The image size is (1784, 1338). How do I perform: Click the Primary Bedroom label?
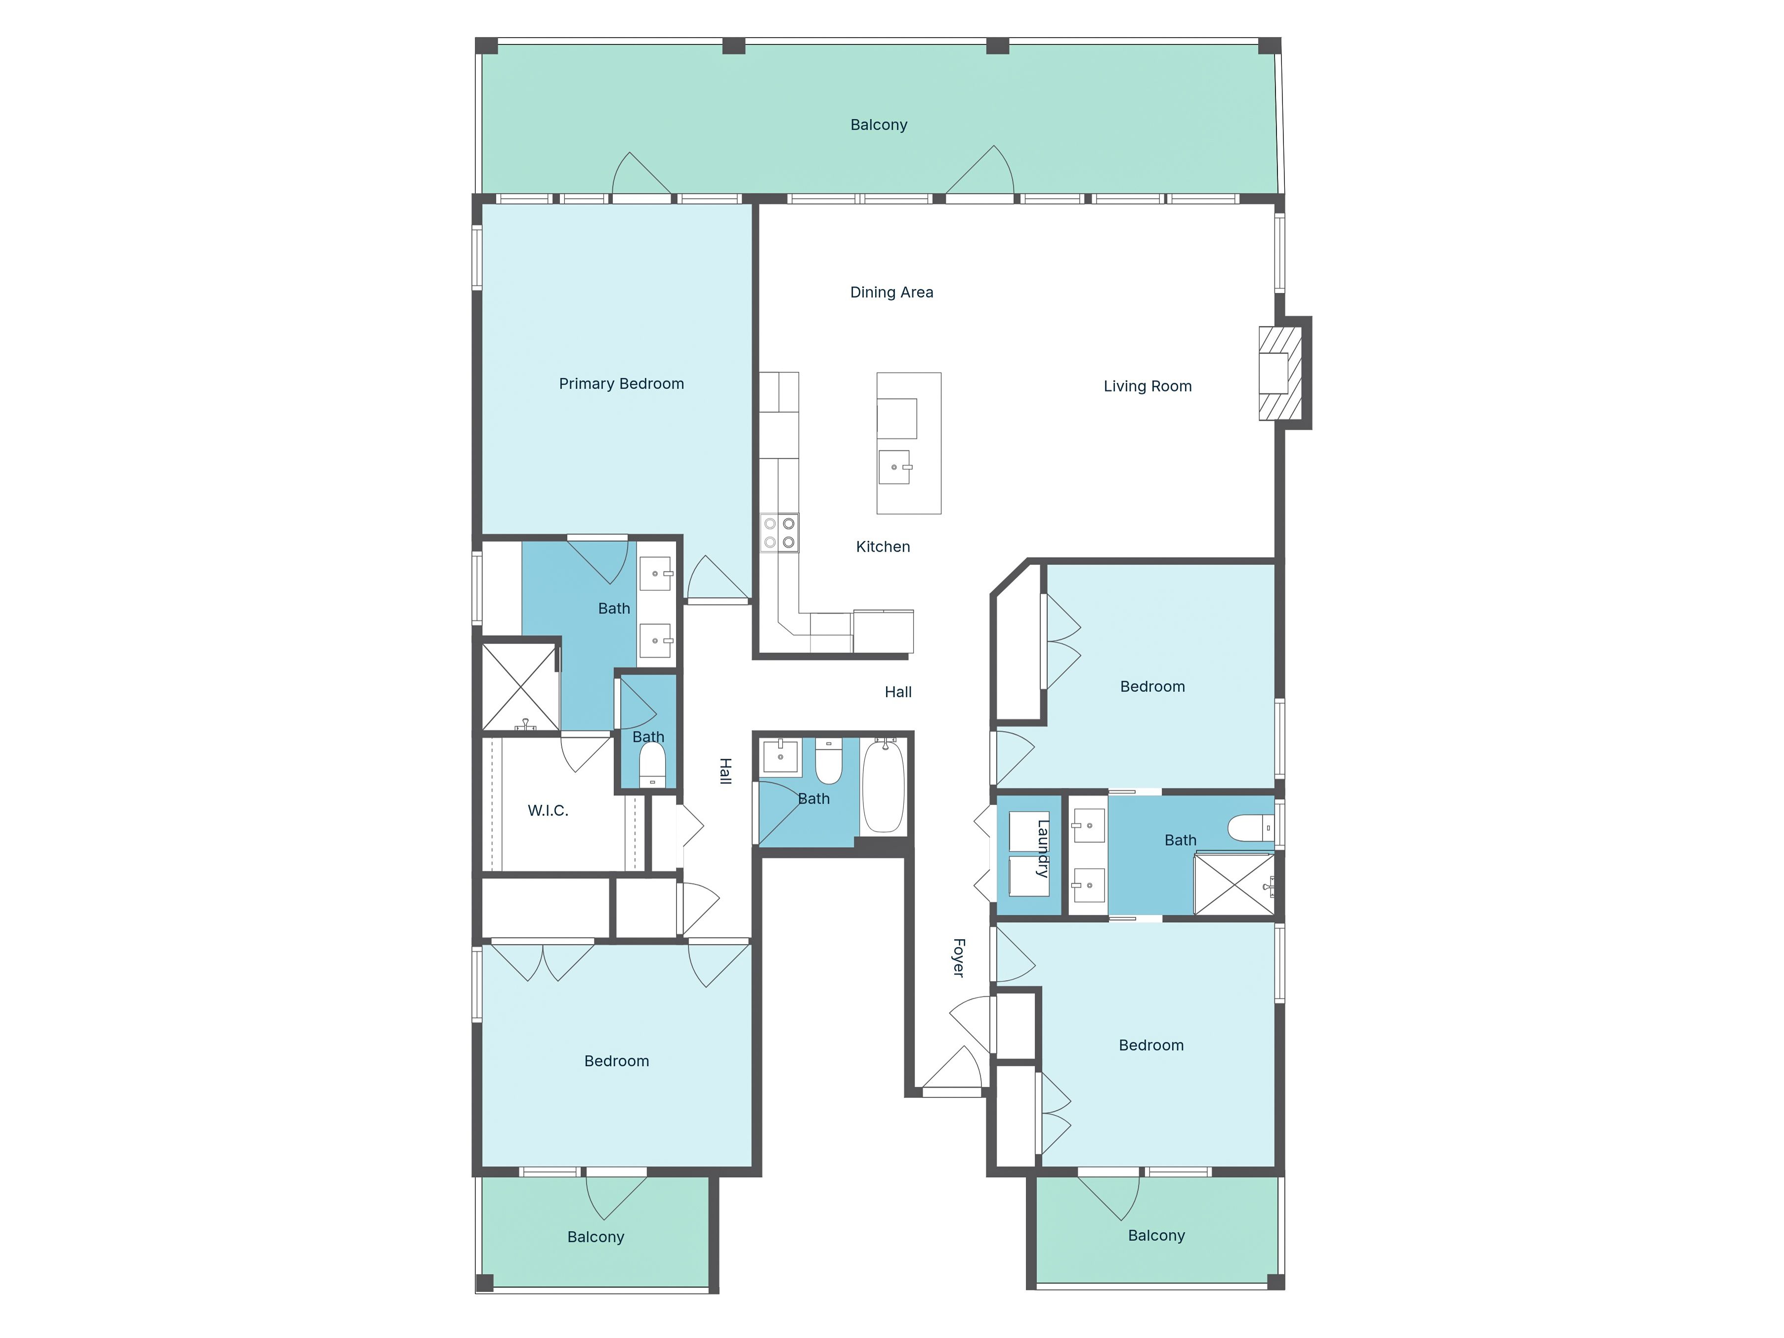(x=621, y=384)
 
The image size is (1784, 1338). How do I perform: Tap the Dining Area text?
(x=891, y=292)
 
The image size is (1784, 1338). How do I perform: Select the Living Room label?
(x=1147, y=387)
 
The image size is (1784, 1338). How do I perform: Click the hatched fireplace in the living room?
(x=1280, y=373)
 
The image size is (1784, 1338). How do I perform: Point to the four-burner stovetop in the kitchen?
(x=779, y=533)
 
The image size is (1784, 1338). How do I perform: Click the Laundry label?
(x=1042, y=849)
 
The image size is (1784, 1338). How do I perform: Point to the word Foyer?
(x=958, y=957)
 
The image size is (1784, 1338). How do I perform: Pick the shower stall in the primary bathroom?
(x=520, y=687)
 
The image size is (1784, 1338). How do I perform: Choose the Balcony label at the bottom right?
(x=1156, y=1236)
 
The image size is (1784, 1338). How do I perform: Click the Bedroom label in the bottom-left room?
(x=616, y=1061)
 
